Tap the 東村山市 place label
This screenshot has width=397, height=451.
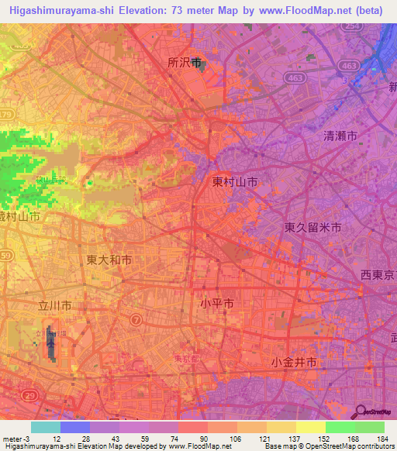point(236,182)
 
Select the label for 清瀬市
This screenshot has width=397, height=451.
point(340,136)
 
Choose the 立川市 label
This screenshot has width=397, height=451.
point(56,306)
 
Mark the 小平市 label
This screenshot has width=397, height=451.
point(217,305)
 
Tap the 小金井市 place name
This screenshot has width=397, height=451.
point(294,362)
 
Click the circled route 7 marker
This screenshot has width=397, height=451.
point(136,318)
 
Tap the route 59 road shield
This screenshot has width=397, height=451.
point(6,255)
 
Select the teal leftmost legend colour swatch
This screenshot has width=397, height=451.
point(46,427)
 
